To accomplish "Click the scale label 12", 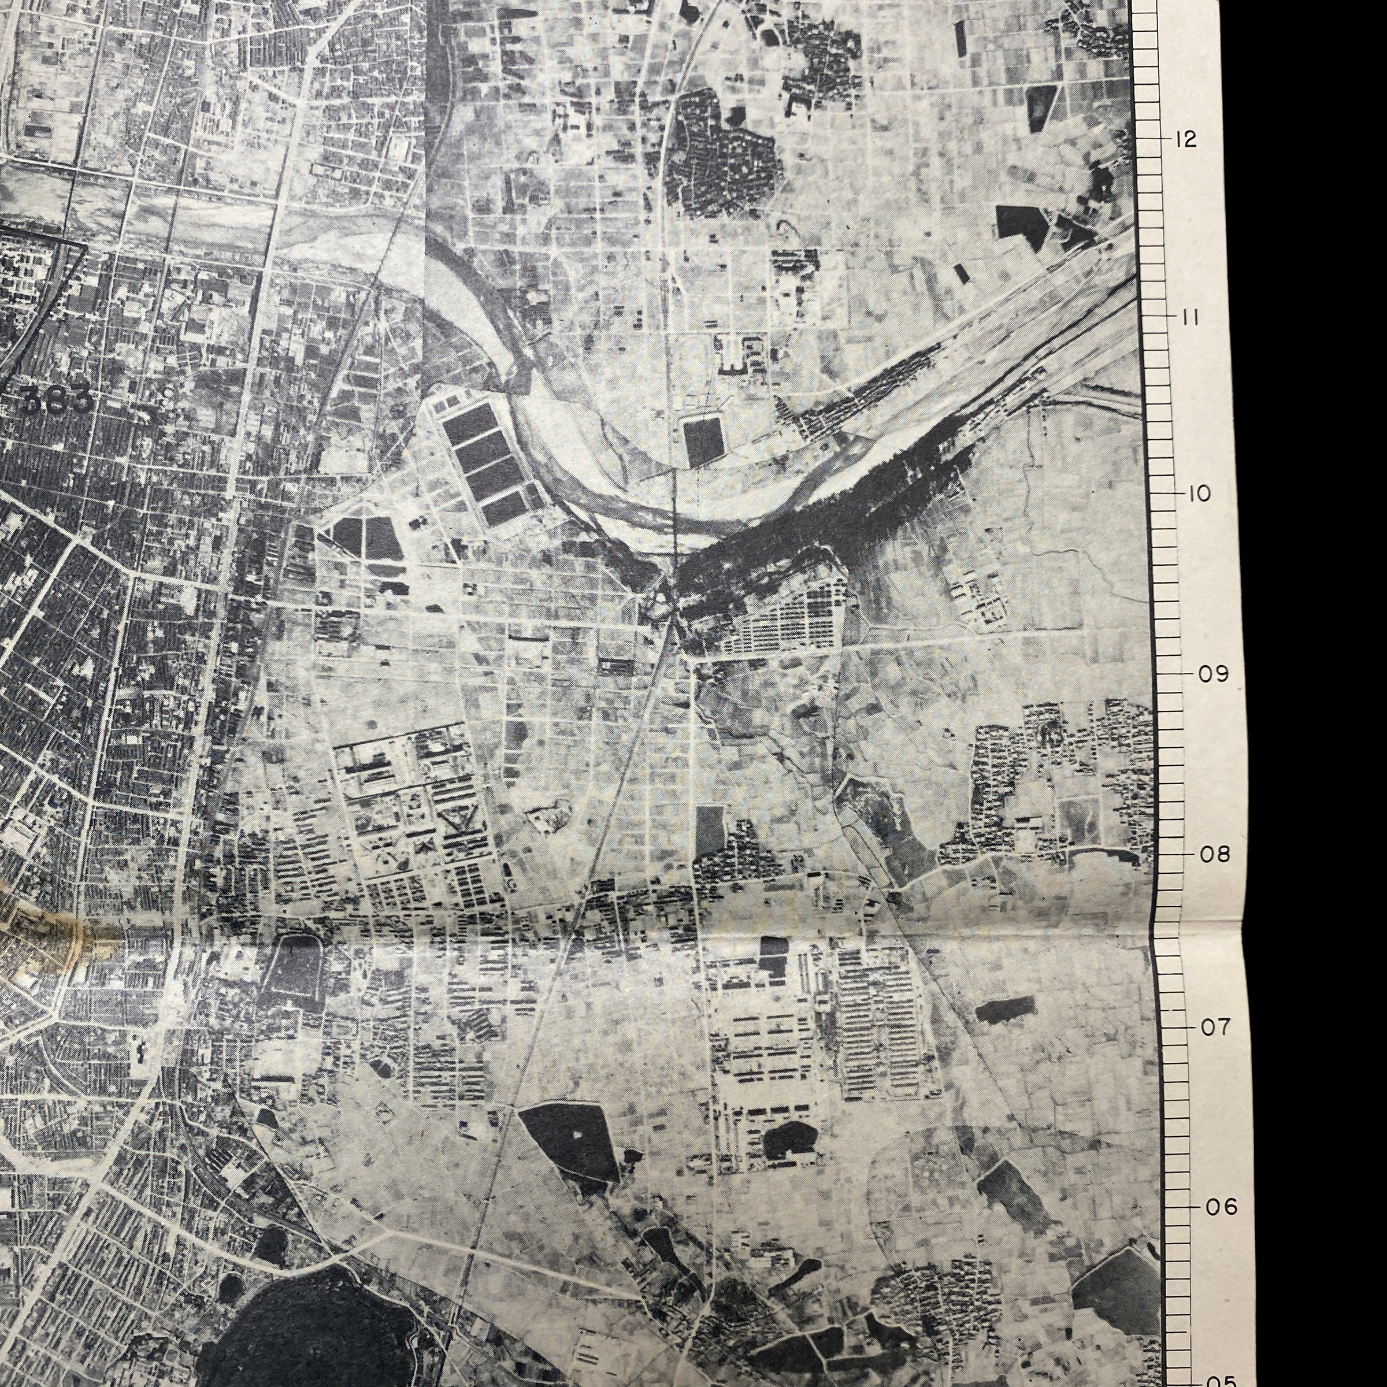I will [1185, 139].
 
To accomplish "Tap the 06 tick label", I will [1221, 1207].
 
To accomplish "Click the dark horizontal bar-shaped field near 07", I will [1005, 1008].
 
